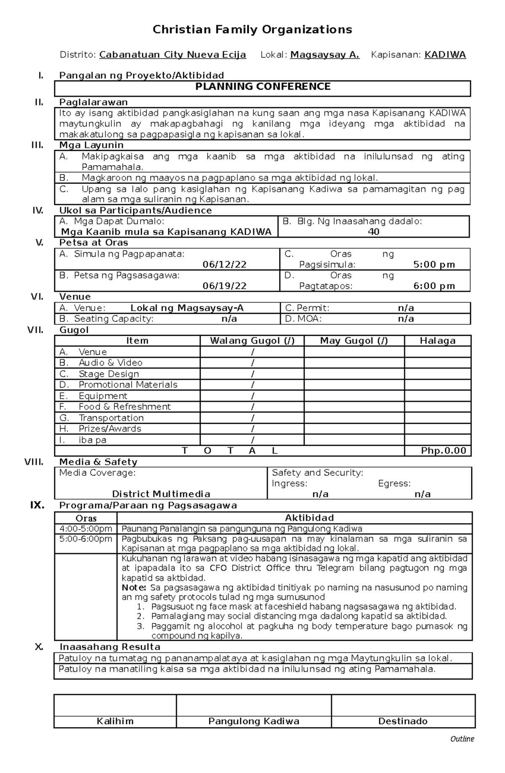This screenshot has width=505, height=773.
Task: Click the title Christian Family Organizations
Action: [x=252, y=29]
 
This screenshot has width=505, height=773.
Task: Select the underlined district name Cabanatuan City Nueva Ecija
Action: [x=173, y=55]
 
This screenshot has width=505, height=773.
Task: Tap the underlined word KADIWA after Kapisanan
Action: [x=445, y=55]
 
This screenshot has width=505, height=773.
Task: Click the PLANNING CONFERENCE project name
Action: [x=263, y=87]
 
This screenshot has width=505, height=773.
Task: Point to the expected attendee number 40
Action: [x=373, y=232]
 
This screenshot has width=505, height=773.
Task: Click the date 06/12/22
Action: [x=224, y=265]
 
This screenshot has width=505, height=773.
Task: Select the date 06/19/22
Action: [x=224, y=286]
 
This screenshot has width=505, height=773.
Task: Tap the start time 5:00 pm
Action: [x=434, y=265]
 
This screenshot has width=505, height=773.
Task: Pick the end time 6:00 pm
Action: [x=434, y=286]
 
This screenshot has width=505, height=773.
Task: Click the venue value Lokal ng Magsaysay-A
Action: [x=187, y=308]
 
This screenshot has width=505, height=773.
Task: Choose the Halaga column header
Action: [x=437, y=341]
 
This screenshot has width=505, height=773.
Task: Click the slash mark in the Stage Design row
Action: [x=252, y=374]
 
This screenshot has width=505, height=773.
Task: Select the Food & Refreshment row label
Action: [x=125, y=407]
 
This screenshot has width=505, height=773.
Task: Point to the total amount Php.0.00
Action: [x=444, y=451]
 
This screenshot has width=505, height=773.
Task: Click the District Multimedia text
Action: [x=161, y=494]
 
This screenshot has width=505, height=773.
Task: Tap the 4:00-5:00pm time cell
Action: [x=86, y=529]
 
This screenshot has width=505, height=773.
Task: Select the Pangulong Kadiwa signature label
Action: [x=254, y=721]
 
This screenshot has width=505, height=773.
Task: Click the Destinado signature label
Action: [x=403, y=721]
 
